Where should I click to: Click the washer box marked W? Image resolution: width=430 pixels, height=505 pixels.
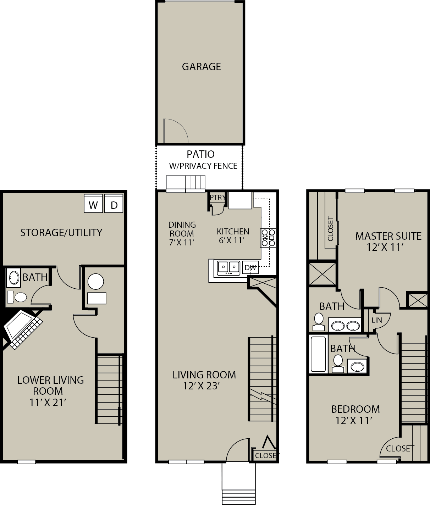coord(93,204)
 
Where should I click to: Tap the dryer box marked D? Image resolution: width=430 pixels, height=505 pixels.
coord(114,204)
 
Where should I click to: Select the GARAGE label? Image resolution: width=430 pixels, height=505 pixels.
coord(202,67)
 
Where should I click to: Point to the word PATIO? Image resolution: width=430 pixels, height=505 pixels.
coord(201,154)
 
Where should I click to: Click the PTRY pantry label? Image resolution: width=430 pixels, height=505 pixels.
coord(217,198)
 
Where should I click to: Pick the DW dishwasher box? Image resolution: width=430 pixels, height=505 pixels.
coord(250,267)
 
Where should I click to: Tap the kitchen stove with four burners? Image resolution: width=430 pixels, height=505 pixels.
coord(268,238)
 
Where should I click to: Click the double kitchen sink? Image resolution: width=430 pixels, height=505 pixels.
coord(228,268)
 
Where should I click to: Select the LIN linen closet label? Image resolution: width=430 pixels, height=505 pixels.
coord(377,320)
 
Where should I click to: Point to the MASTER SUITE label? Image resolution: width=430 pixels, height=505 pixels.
coord(388,236)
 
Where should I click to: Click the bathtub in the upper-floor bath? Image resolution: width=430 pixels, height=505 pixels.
coord(318,354)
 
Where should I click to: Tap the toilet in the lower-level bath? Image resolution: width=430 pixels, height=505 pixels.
coord(17,297)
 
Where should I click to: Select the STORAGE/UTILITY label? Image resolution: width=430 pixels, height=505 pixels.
coord(61,233)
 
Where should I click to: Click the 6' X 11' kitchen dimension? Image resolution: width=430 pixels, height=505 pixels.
coord(232,240)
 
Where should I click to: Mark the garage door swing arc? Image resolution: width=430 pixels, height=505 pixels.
coord(181,127)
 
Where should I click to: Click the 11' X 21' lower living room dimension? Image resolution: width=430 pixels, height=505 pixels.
coord(48,403)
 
